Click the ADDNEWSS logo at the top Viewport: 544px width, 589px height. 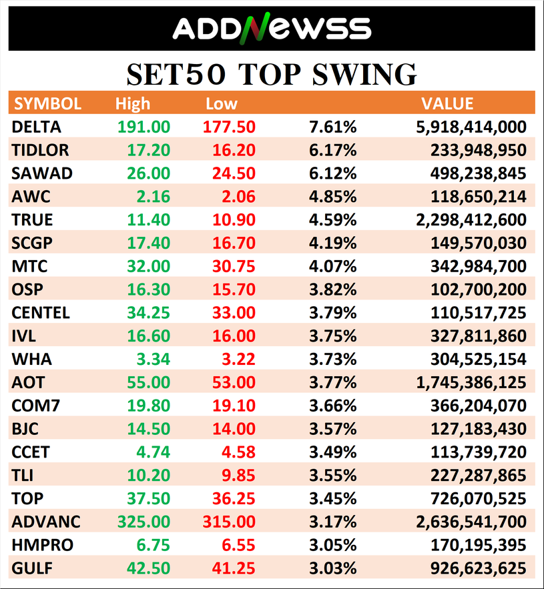[x=272, y=28]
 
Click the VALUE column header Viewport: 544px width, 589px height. [x=447, y=104]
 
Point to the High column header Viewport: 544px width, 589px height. [x=133, y=104]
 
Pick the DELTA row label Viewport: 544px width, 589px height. [x=37, y=127]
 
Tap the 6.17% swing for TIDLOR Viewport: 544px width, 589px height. [x=333, y=150]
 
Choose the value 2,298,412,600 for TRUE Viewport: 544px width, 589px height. [x=471, y=220]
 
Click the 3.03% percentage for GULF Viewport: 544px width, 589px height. [x=333, y=568]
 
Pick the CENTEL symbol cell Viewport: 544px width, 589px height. [x=41, y=313]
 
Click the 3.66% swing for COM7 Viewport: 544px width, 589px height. [x=333, y=406]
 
